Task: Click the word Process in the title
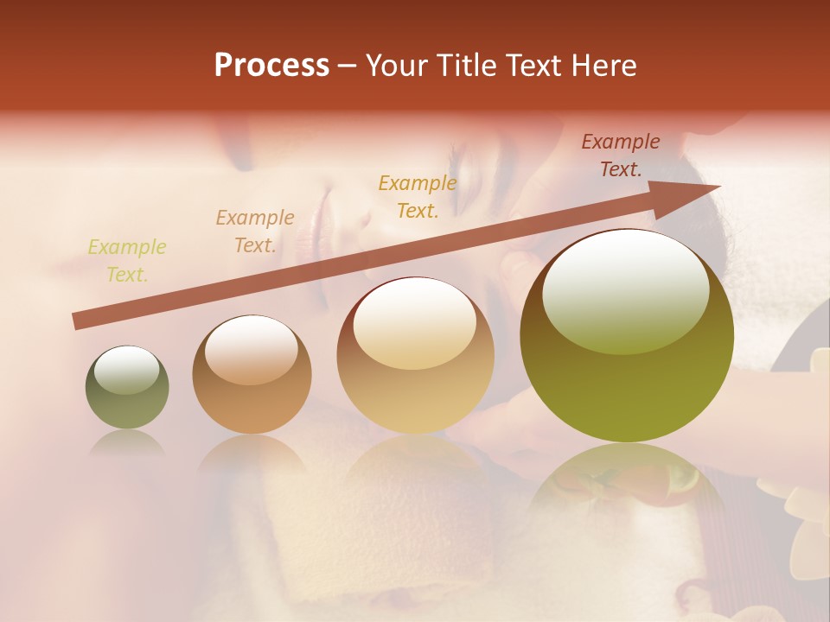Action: tap(271, 66)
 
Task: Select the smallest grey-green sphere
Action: tap(127, 388)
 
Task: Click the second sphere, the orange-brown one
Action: tap(252, 375)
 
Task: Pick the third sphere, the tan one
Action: tap(415, 356)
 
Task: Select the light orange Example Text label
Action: tap(255, 231)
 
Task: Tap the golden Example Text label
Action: tap(418, 196)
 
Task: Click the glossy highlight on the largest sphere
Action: tap(625, 291)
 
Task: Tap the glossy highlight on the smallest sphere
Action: tap(126, 370)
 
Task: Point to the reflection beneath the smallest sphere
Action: tap(127, 442)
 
